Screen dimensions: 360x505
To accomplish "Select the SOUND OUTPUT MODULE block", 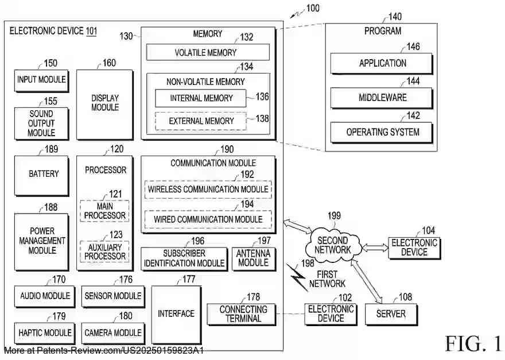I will tap(41, 123).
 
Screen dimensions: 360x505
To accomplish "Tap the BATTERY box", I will tap(44, 173).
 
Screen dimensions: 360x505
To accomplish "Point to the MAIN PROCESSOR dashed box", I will tap(104, 211).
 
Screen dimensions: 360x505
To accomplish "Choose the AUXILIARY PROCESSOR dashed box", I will tap(104, 251).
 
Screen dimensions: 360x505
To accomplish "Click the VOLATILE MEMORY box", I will tap(207, 53).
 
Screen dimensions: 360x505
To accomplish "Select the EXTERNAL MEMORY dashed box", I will tap(201, 121).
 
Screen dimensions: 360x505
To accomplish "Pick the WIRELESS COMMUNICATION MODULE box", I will tap(208, 189).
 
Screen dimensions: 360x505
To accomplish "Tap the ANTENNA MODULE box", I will tap(253, 258).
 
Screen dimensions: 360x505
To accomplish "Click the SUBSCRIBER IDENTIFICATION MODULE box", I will tap(184, 258).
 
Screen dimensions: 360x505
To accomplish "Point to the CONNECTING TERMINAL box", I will tap(241, 314).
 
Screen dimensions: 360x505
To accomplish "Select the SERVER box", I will tap(391, 314).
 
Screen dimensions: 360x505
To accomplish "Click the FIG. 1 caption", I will tap(473, 343).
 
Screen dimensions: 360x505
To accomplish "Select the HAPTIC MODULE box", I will tap(45, 333).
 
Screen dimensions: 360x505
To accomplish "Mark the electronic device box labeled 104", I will tap(414, 247).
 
